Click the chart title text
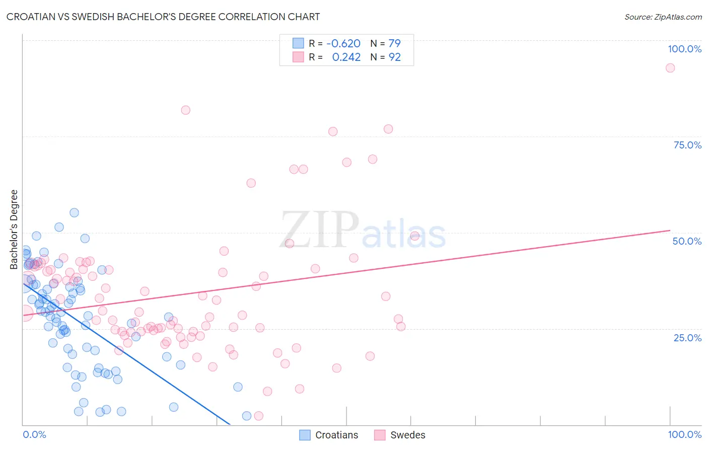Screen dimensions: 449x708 pyautogui.click(x=163, y=17)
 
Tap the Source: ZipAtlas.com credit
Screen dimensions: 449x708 pyautogui.click(x=663, y=17)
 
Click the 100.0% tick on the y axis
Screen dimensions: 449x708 pyautogui.click(x=684, y=49)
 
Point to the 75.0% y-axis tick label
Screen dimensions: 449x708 pyautogui.click(x=687, y=145)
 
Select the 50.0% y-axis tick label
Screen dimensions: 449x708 pyautogui.click(x=687, y=241)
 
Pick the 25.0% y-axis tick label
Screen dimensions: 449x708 pyautogui.click(x=687, y=337)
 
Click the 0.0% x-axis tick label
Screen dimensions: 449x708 pyautogui.click(x=34, y=434)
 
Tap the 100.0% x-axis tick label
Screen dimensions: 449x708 pyautogui.click(x=684, y=434)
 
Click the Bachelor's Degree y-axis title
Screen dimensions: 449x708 pyautogui.click(x=14, y=230)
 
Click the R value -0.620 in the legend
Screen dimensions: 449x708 pyautogui.click(x=343, y=43)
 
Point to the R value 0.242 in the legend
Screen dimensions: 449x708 pyautogui.click(x=346, y=57)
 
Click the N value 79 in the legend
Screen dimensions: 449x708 pyautogui.click(x=394, y=43)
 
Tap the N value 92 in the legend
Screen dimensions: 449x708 pyautogui.click(x=394, y=57)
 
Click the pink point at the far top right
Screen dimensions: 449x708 pyautogui.click(x=670, y=68)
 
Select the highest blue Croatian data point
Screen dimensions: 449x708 pyautogui.click(x=74, y=212)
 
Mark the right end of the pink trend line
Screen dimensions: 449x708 pyautogui.click(x=670, y=230)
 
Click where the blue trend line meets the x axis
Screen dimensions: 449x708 pyautogui.click(x=230, y=425)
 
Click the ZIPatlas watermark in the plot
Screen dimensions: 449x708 pyautogui.click(x=363, y=230)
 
